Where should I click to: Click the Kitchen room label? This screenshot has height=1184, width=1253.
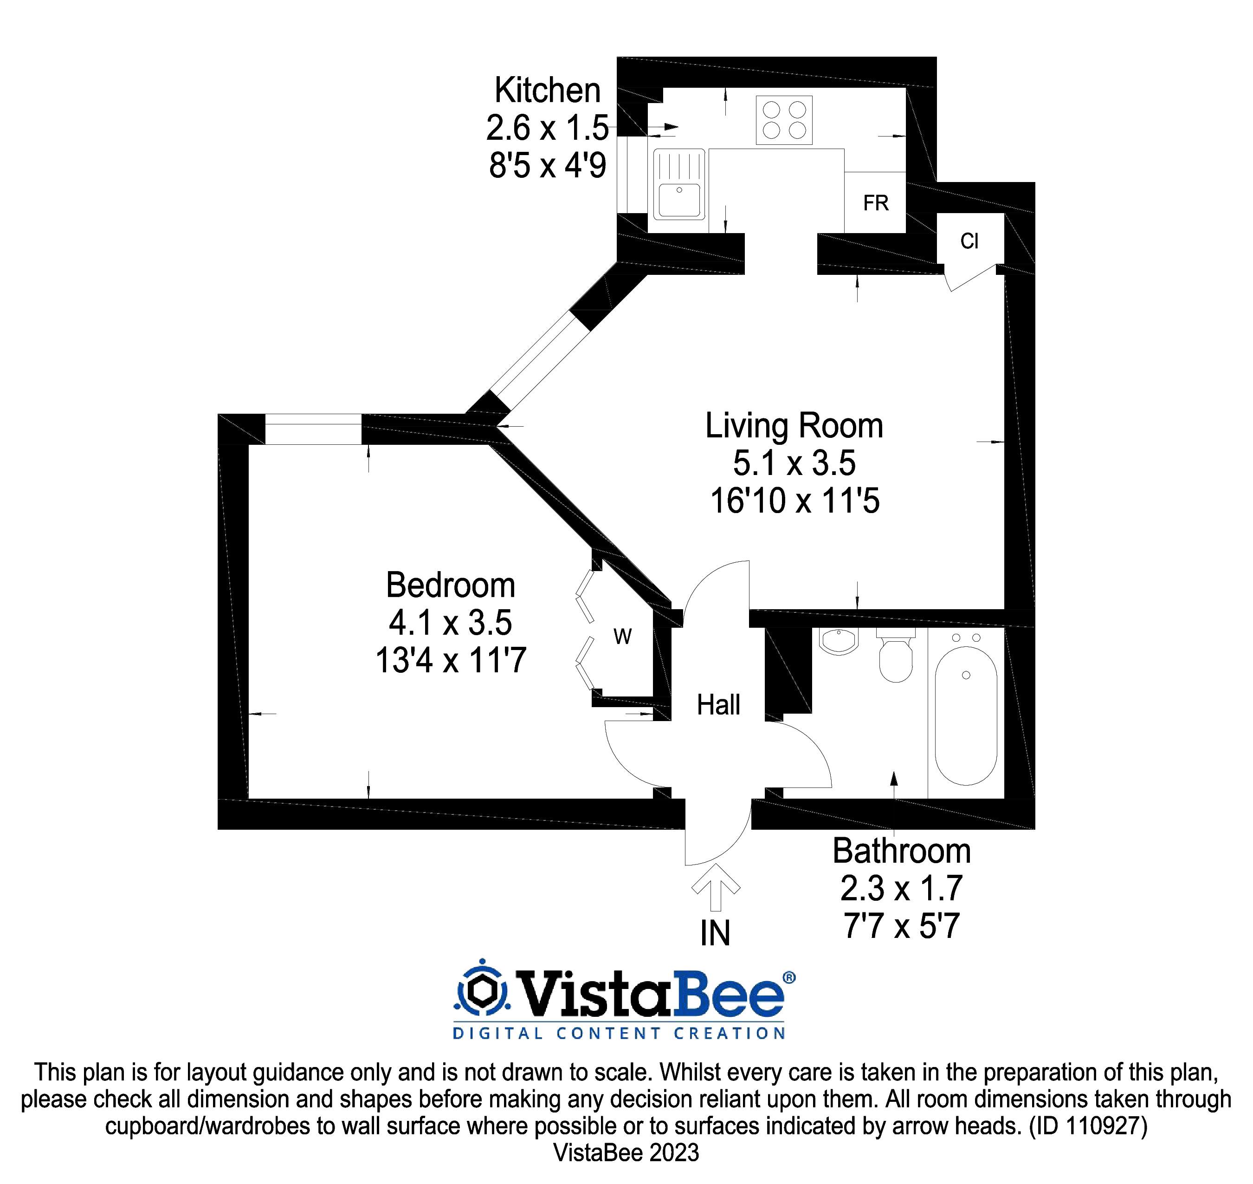click(547, 90)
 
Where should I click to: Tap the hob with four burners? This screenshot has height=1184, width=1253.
click(784, 120)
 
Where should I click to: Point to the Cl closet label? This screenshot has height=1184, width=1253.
click(969, 241)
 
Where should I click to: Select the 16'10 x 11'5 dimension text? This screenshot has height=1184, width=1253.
click(794, 501)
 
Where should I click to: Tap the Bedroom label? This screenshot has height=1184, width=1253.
click(451, 585)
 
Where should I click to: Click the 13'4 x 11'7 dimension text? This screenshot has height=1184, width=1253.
click(451, 661)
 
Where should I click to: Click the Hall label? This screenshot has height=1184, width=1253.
click(718, 704)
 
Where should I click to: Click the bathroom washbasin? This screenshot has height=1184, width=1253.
click(839, 641)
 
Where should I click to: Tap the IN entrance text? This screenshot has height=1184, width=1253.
click(715, 933)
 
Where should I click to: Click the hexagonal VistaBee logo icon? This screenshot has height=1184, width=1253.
click(481, 991)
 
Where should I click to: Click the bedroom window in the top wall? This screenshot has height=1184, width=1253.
click(313, 429)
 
